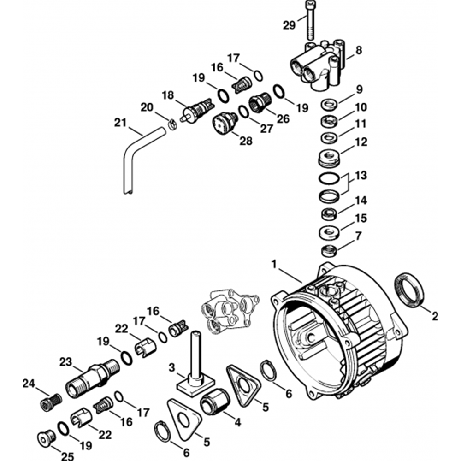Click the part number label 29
click(x=290, y=25)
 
